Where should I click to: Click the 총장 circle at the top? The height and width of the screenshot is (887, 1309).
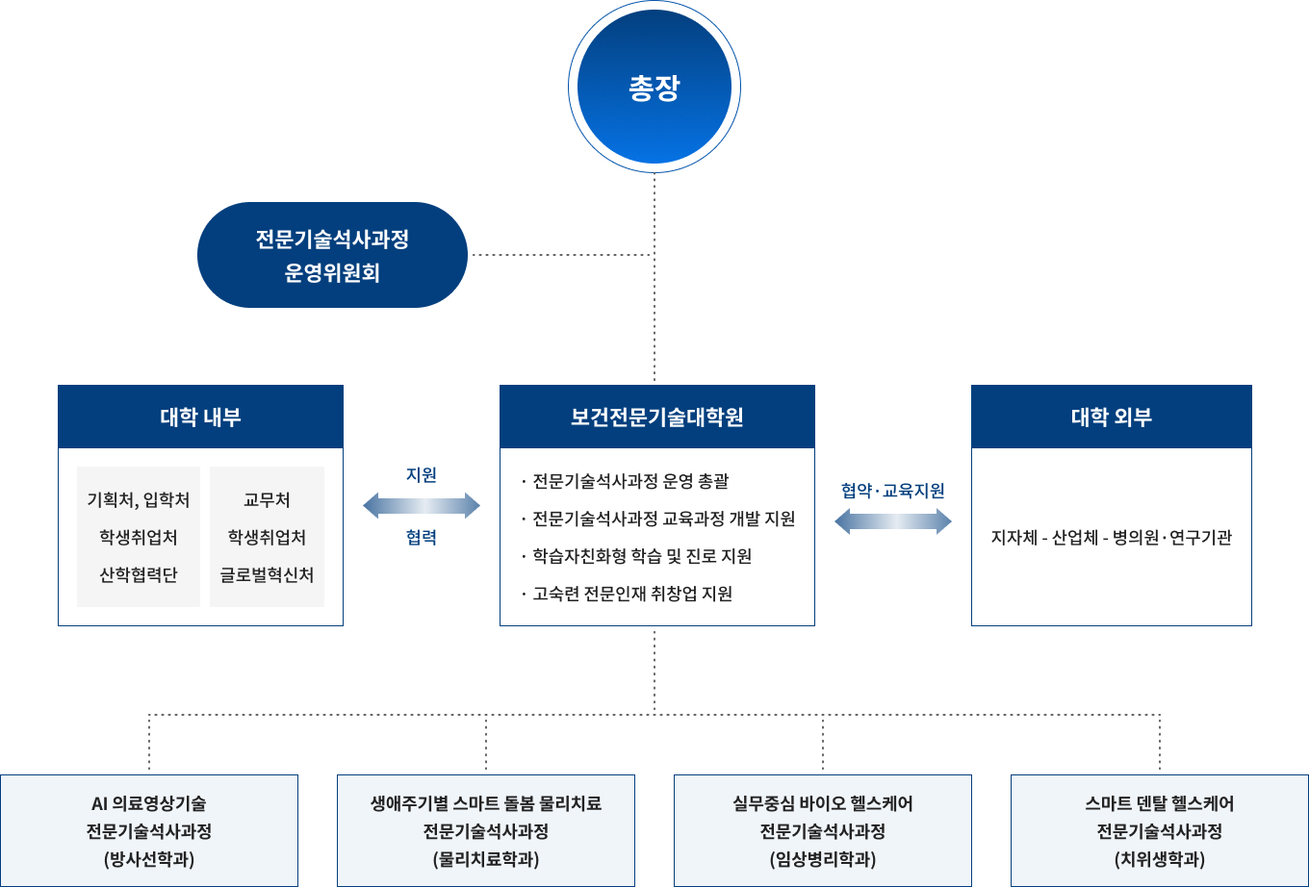654,88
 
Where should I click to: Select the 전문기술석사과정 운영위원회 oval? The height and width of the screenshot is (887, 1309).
332,255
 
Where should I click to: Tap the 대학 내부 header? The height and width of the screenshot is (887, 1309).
200,418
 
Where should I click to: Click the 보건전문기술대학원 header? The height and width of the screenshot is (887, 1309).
656,418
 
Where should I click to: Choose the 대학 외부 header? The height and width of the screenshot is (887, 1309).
1111,418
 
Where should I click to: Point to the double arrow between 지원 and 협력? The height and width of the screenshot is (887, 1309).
422,505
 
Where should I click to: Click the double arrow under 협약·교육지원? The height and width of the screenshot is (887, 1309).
892,521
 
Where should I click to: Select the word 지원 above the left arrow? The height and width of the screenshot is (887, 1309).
422,475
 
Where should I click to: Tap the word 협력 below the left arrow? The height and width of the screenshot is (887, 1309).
422,538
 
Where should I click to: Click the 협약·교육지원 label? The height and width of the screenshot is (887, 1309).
892,491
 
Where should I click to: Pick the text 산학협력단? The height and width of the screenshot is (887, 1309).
139,575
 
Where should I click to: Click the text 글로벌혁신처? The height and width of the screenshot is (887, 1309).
267,575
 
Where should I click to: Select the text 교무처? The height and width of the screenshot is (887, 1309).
267,500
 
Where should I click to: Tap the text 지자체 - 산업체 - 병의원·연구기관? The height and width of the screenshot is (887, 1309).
1111,538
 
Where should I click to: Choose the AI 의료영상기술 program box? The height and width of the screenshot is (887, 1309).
149,830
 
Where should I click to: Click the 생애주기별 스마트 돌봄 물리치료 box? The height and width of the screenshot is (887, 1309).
486,830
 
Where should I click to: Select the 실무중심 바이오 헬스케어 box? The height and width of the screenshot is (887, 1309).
823,830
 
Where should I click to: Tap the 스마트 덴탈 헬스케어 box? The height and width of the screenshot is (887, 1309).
1160,830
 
